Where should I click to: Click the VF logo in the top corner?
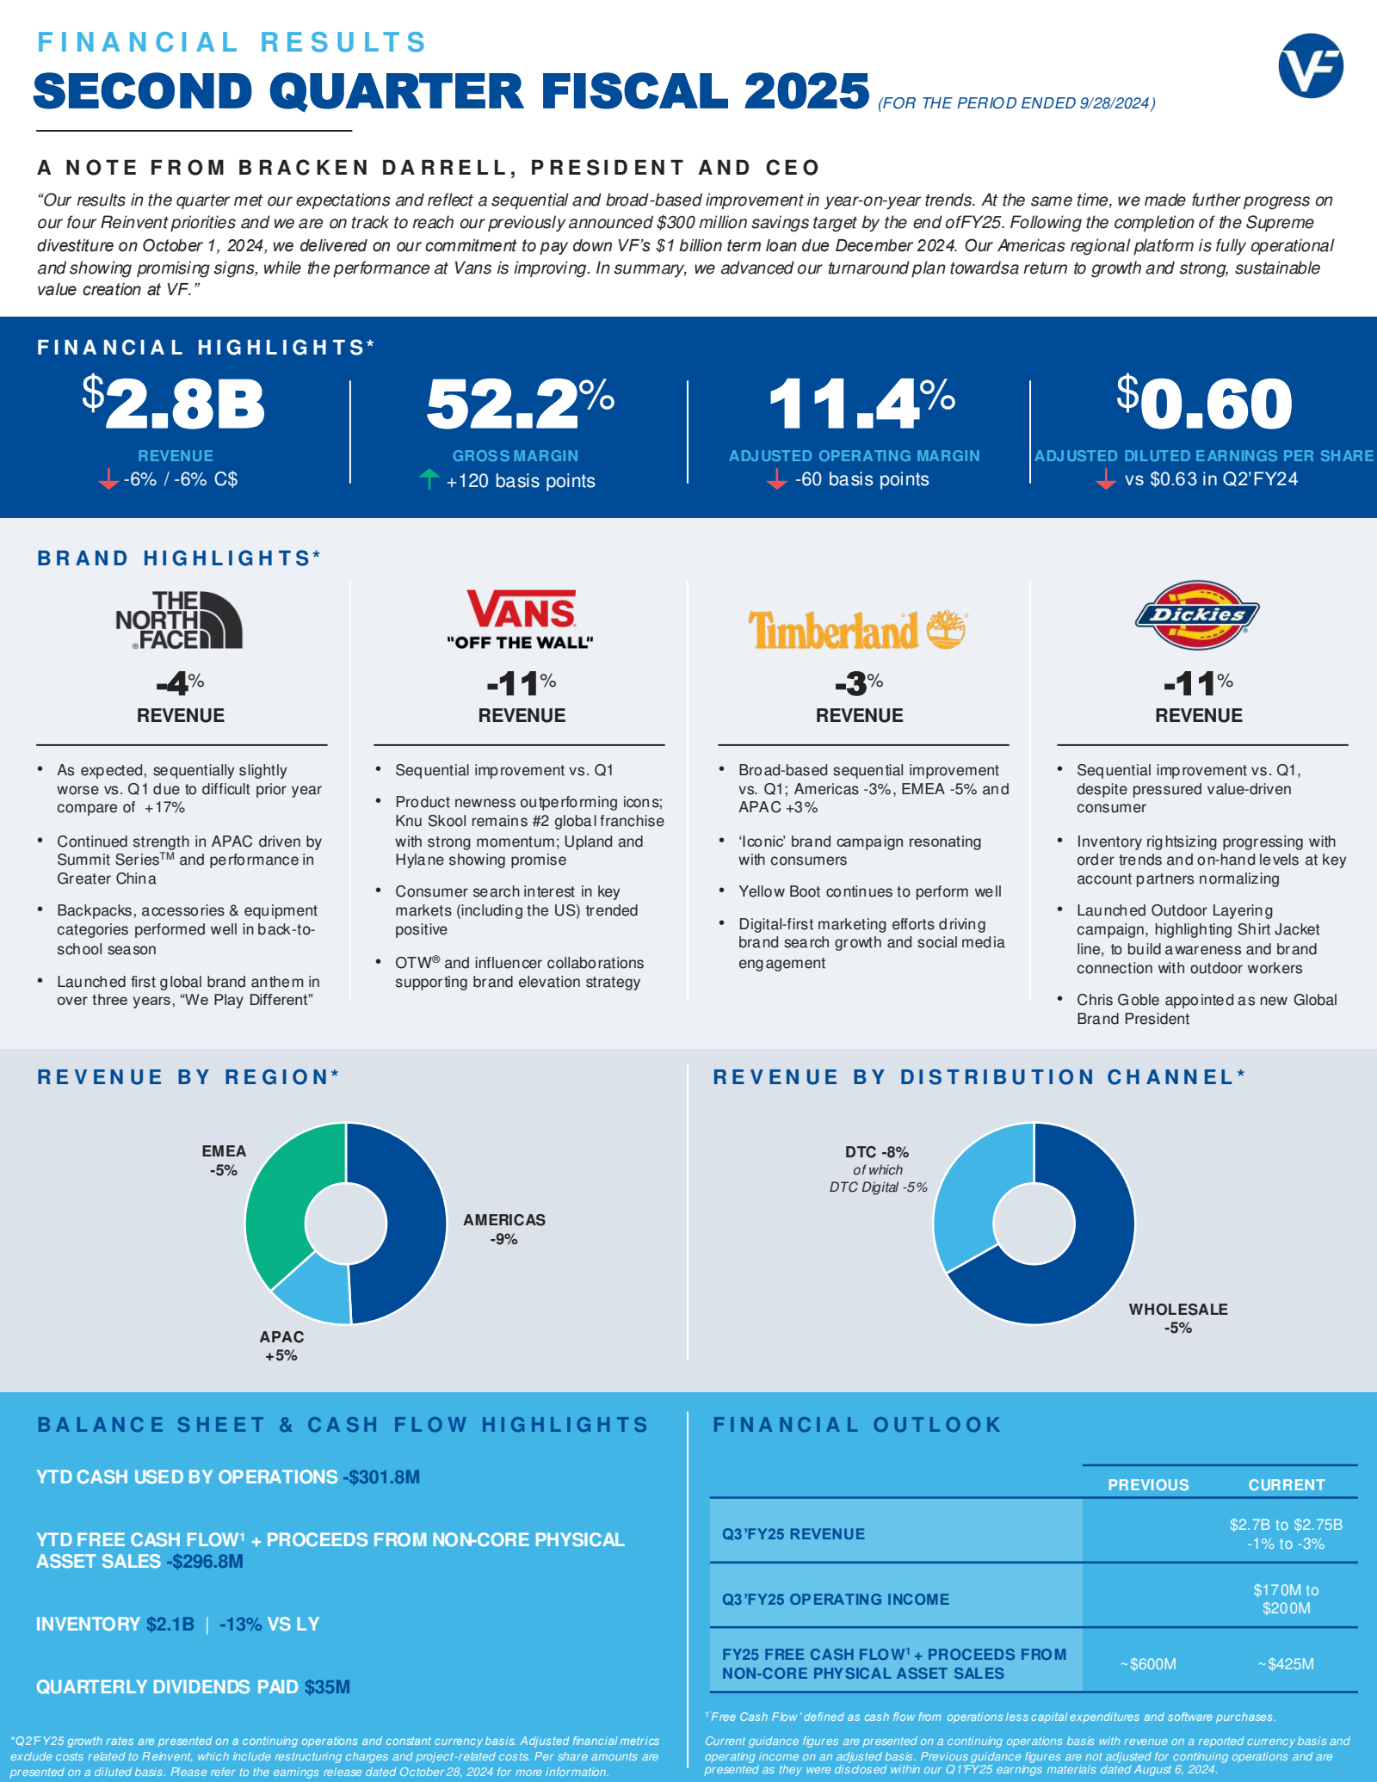[1311, 65]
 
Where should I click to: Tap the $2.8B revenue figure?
[174, 403]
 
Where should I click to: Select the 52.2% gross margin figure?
[520, 403]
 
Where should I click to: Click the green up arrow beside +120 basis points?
[429, 479]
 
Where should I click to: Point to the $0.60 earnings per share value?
[1204, 403]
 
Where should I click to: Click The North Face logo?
[179, 620]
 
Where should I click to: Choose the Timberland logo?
[857, 629]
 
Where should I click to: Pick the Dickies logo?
[1197, 614]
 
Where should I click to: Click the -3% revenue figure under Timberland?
[859, 684]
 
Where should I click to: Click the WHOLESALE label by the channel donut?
[1178, 1309]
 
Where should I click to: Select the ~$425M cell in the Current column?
[1286, 1663]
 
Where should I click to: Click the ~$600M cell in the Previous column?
[1148, 1663]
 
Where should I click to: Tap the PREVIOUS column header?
[1148, 1484]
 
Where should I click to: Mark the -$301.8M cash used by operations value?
[381, 1477]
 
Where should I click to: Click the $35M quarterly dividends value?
[327, 1686]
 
